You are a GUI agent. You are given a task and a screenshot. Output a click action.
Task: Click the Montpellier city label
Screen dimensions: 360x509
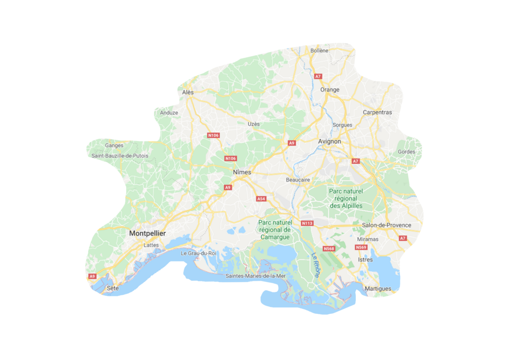click(147, 233)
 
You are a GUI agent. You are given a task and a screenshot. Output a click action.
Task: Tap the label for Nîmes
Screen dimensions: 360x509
click(242, 172)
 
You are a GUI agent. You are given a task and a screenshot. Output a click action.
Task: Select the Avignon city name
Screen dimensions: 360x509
click(330, 141)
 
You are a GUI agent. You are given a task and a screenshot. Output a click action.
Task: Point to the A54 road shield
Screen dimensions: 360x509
click(261, 199)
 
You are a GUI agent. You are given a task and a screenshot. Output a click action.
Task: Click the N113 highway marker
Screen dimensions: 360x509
click(307, 223)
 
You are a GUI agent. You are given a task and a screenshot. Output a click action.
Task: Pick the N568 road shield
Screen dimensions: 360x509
click(329, 249)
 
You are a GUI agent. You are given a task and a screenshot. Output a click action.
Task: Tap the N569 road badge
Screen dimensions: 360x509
click(361, 247)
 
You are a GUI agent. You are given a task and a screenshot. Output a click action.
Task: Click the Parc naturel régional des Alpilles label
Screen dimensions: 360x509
click(346, 198)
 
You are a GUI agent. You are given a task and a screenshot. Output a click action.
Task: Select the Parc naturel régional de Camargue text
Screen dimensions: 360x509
click(274, 230)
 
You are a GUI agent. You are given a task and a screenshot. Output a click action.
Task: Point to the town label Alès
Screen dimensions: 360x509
click(188, 92)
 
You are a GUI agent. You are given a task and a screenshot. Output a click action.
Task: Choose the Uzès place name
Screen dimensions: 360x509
click(254, 124)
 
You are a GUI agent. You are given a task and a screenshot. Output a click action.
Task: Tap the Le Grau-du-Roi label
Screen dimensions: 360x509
click(198, 253)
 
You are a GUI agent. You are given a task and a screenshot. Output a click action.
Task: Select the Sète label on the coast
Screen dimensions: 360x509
click(113, 288)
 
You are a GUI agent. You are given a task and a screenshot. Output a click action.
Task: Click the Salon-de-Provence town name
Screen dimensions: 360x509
click(387, 225)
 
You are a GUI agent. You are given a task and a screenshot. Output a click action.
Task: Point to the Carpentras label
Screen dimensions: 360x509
click(377, 112)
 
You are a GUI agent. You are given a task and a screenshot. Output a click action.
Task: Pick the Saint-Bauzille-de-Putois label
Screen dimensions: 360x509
click(120, 156)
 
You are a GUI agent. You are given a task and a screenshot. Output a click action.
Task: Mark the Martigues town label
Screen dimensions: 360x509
click(378, 288)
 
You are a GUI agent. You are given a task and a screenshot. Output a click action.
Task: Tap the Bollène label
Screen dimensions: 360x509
click(319, 51)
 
